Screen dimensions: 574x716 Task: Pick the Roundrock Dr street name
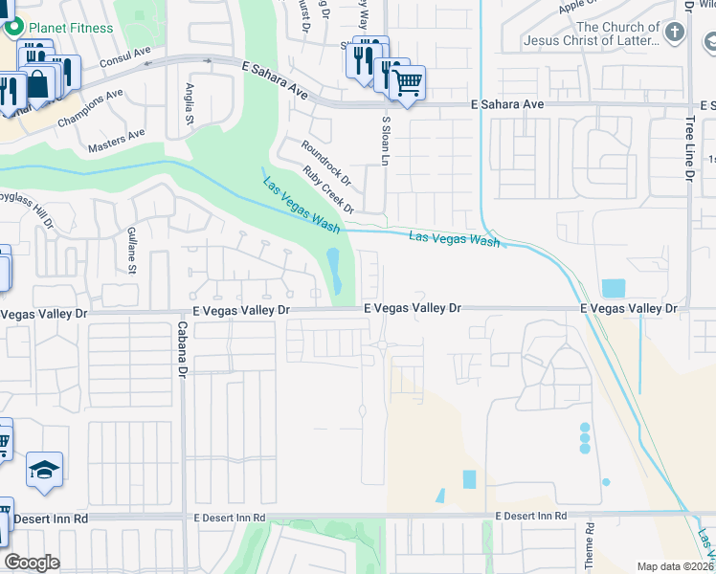[x=326, y=164]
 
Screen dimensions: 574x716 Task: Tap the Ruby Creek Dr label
[x=329, y=189]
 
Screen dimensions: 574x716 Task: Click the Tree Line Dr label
[x=689, y=148]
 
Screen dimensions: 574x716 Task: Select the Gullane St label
[x=132, y=248]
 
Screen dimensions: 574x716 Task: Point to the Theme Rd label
[x=591, y=541]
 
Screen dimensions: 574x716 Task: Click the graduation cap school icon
[x=44, y=470]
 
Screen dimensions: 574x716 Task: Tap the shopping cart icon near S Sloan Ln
[x=408, y=83]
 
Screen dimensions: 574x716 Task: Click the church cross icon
[x=676, y=33]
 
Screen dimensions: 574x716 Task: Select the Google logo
[x=32, y=563]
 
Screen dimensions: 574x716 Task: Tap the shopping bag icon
[x=38, y=84]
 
